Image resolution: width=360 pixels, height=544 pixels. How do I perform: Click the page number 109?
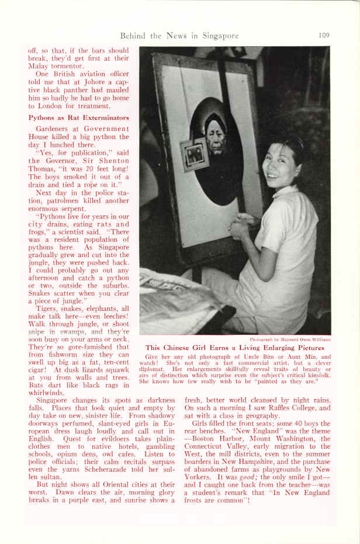(x=324, y=35)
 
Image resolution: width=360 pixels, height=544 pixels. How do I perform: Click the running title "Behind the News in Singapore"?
(x=179, y=36)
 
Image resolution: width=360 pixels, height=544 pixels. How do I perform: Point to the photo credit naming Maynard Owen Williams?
(x=290, y=339)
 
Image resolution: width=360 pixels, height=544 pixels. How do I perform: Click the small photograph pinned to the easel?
(x=194, y=155)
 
